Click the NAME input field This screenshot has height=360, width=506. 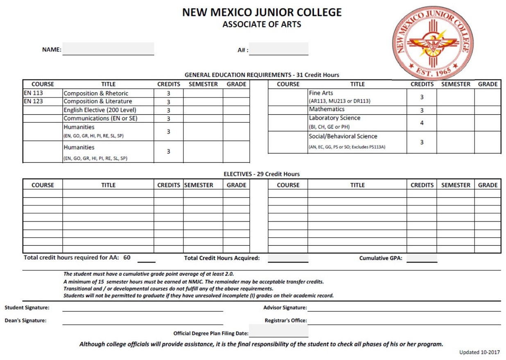(x=108, y=49)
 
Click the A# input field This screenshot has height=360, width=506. (x=279, y=49)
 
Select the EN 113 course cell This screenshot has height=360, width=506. (x=33, y=93)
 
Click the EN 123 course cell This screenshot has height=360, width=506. (x=33, y=101)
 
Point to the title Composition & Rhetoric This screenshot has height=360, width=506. (x=96, y=93)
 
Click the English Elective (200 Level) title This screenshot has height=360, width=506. (x=100, y=110)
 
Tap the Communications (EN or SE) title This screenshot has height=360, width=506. (x=101, y=118)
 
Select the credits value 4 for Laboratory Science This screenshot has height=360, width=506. (x=422, y=122)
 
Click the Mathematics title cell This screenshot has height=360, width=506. (x=327, y=109)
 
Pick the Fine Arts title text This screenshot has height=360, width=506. (x=321, y=93)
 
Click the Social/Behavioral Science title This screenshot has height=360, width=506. (x=343, y=136)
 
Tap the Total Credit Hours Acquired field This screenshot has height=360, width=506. (x=288, y=258)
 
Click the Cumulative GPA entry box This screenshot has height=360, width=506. (x=422, y=258)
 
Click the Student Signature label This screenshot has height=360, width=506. (x=27, y=308)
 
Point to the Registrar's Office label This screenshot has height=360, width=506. (x=286, y=320)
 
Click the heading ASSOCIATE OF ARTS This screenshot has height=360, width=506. (x=262, y=24)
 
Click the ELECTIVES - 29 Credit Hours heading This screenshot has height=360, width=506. (x=262, y=174)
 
